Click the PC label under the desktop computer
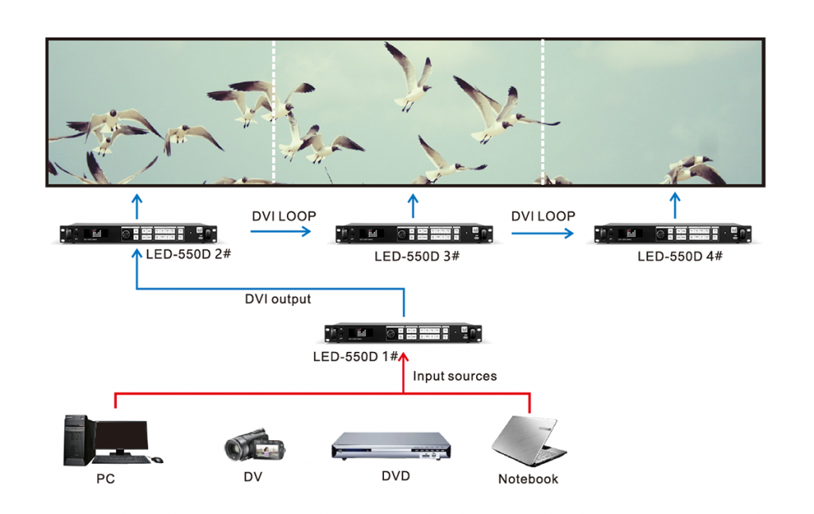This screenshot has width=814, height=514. click(105, 479)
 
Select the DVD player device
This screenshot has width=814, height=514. click(390, 446)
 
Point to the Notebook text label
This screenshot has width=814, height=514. click(528, 479)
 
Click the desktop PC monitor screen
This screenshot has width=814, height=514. click(121, 435)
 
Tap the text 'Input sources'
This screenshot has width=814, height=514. click(455, 376)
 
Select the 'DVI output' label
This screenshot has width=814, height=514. click(277, 300)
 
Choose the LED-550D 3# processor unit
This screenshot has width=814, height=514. click(413, 234)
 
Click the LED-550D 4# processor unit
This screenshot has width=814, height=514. click(673, 234)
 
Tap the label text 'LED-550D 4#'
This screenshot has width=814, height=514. click(680, 257)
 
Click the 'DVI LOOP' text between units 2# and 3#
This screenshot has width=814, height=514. click(284, 216)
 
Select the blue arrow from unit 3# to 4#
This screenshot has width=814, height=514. click(542, 234)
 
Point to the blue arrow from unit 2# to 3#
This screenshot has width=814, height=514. click(281, 232)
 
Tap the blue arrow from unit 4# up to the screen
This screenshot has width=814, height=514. click(675, 204)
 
